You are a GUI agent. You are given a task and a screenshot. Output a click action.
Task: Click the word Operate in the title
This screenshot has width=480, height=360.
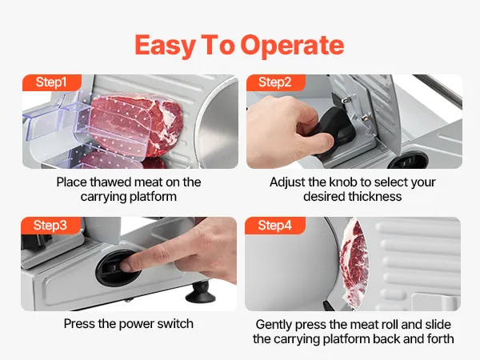(292, 45)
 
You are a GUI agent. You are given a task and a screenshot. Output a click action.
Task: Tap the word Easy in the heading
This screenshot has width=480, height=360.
(165, 46)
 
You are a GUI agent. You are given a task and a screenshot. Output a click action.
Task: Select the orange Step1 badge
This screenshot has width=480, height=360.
(52, 82)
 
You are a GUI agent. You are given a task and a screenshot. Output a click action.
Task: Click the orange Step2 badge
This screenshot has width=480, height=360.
(275, 82)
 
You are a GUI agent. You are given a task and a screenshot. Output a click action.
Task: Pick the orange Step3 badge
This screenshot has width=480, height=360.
(51, 226)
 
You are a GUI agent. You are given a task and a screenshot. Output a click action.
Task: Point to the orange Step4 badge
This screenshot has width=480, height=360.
(275, 226)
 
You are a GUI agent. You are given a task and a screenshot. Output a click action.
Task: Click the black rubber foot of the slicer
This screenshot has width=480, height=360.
(201, 292)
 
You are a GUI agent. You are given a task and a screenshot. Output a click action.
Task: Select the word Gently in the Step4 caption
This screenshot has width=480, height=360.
(274, 325)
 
